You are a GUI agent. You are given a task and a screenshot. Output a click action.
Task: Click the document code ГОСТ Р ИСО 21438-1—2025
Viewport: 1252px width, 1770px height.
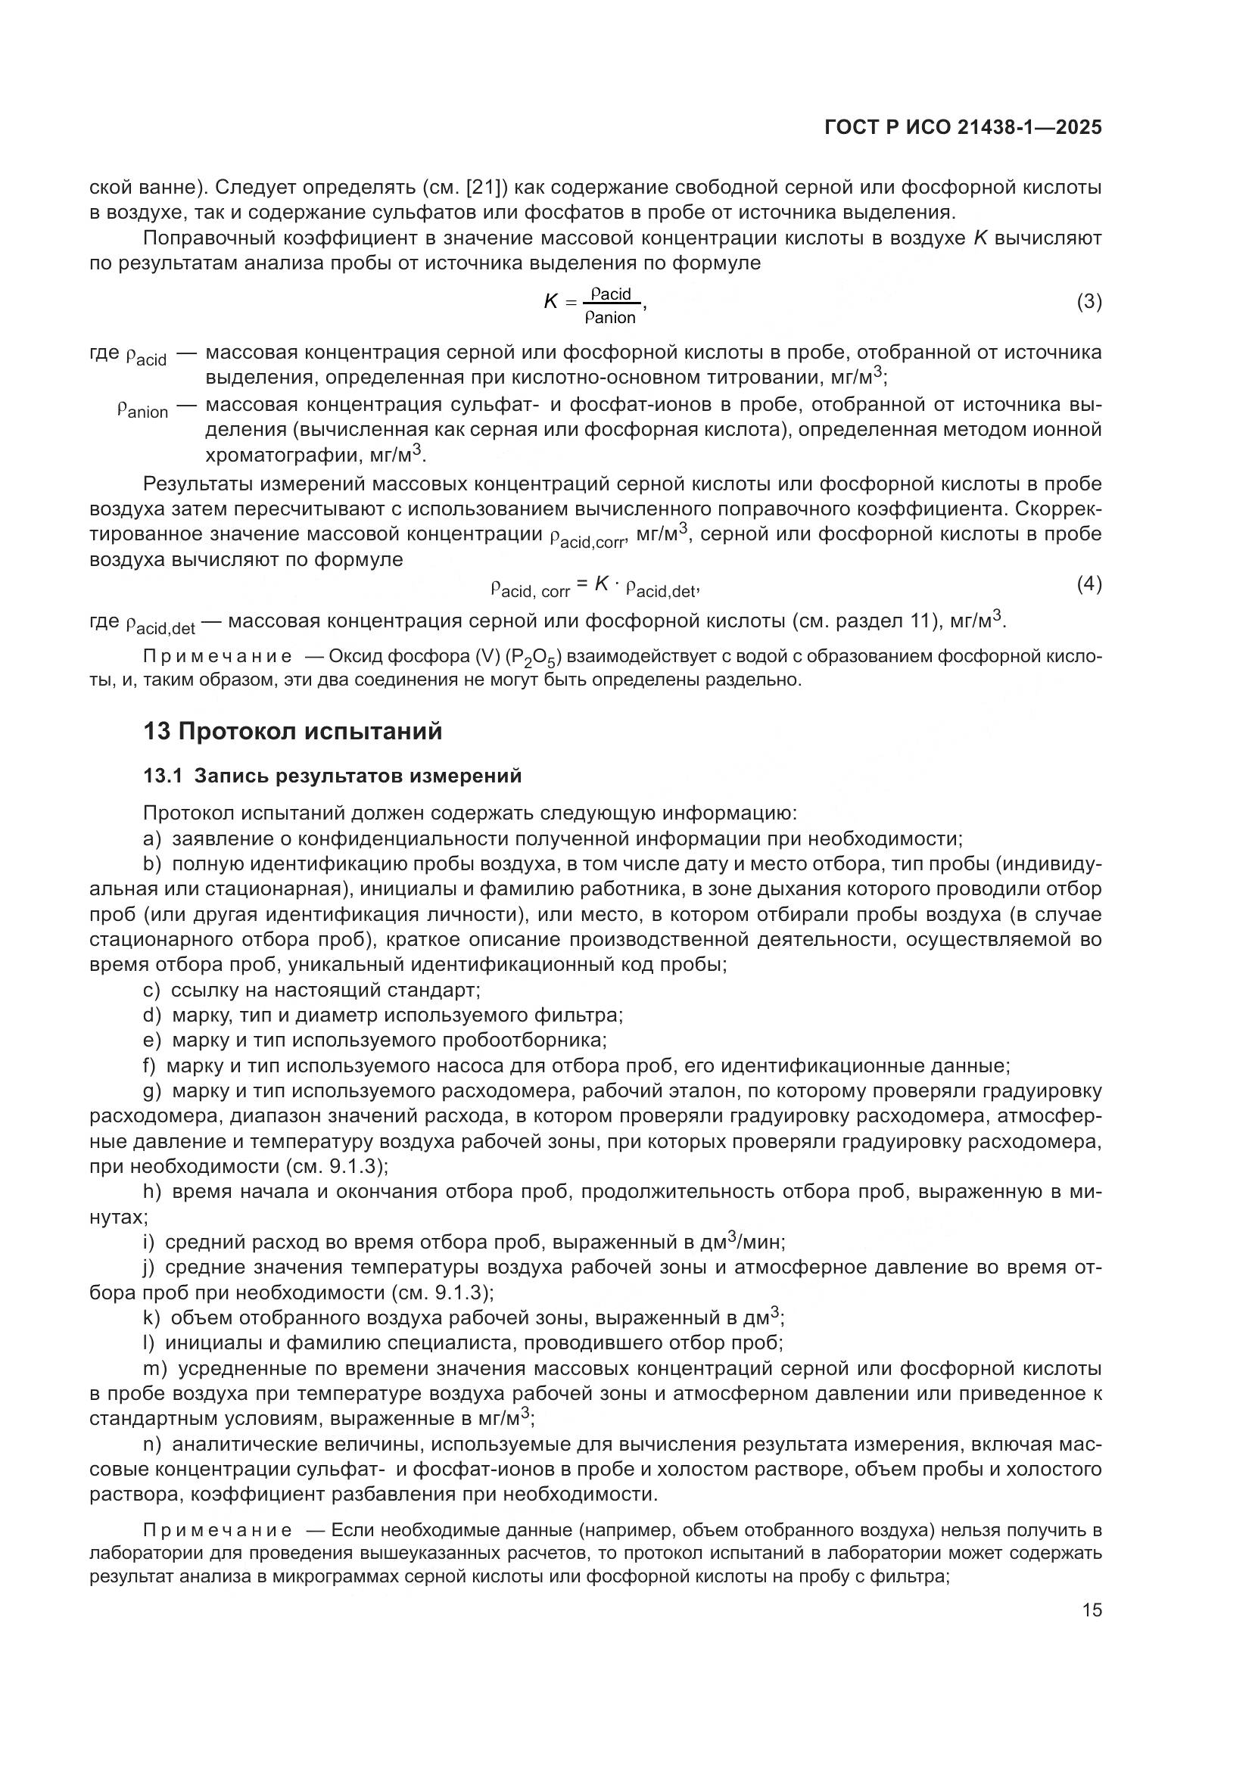pos(963,128)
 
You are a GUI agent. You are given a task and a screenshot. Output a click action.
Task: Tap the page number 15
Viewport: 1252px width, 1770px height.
pos(1092,1610)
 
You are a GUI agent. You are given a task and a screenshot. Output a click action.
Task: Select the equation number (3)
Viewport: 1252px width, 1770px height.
pos(1088,302)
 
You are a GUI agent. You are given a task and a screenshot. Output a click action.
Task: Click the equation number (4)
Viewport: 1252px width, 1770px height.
pos(1088,584)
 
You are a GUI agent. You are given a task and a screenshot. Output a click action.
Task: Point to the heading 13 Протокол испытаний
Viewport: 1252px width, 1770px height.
pos(293,731)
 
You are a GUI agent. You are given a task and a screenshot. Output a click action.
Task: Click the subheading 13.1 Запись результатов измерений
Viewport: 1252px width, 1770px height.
pos(332,776)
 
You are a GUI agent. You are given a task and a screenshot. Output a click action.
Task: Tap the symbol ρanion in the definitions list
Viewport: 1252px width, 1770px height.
pos(143,408)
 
